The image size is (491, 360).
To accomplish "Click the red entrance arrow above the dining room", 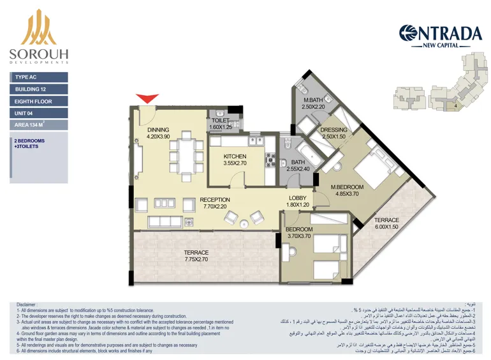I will coord(147,98).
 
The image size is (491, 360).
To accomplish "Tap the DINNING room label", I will coord(158,130).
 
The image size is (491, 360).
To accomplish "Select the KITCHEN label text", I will coord(235,156).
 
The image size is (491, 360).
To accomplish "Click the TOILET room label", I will coord(221,120).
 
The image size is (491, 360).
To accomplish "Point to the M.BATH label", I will coord(313,100).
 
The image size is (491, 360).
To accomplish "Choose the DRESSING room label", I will coord(333,130).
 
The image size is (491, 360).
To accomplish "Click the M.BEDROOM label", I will coord(346,187).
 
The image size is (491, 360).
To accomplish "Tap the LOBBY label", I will coord(298,198).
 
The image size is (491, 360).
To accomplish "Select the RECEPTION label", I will coord(214,200).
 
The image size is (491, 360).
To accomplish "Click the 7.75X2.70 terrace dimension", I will coord(196,259).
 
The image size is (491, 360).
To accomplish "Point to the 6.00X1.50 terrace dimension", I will coord(386,227).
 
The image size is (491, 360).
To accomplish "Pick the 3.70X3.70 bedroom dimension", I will coord(298,236).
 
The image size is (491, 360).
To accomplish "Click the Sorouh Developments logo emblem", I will coord(39,28).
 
